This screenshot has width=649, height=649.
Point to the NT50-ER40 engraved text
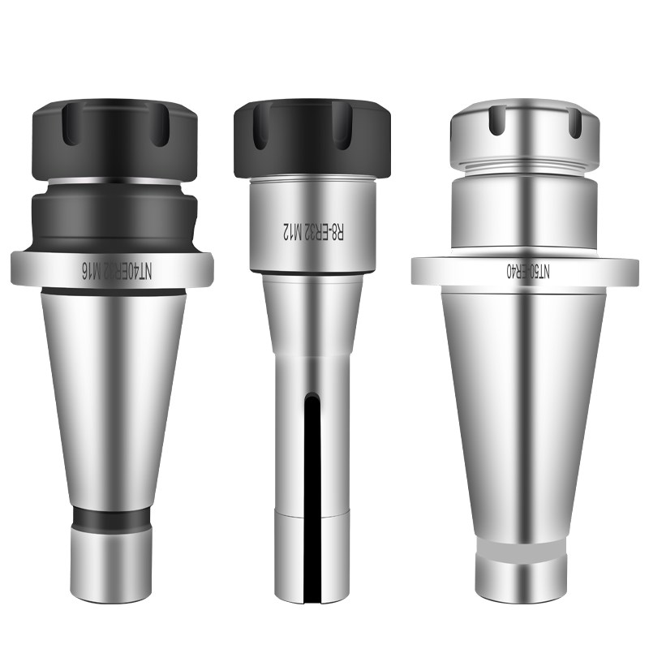[529, 272]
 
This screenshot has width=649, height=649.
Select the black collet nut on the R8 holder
[312, 138]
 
